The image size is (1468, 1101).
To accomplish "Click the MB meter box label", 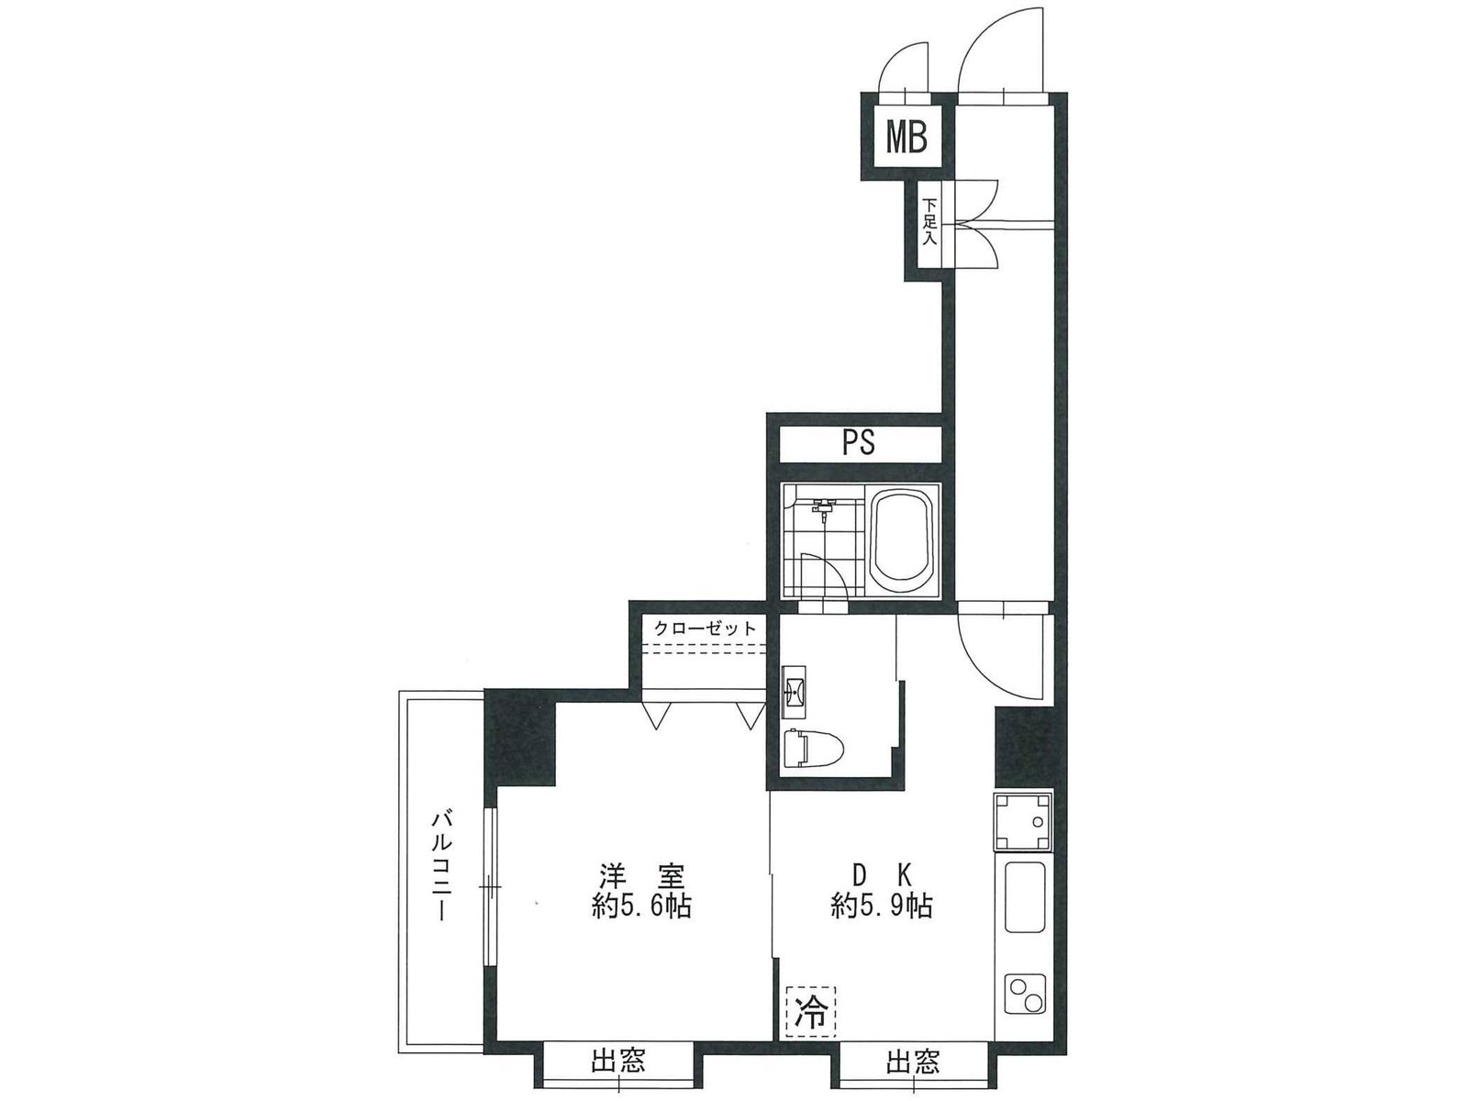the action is pyautogui.click(x=906, y=139).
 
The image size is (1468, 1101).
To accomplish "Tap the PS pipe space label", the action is pyautogui.click(x=859, y=442).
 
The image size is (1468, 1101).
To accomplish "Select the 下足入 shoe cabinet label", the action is pyautogui.click(x=929, y=220).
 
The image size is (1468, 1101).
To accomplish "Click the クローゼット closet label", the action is pyautogui.click(x=705, y=628).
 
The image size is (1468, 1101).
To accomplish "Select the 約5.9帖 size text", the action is pyautogui.click(x=881, y=906).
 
